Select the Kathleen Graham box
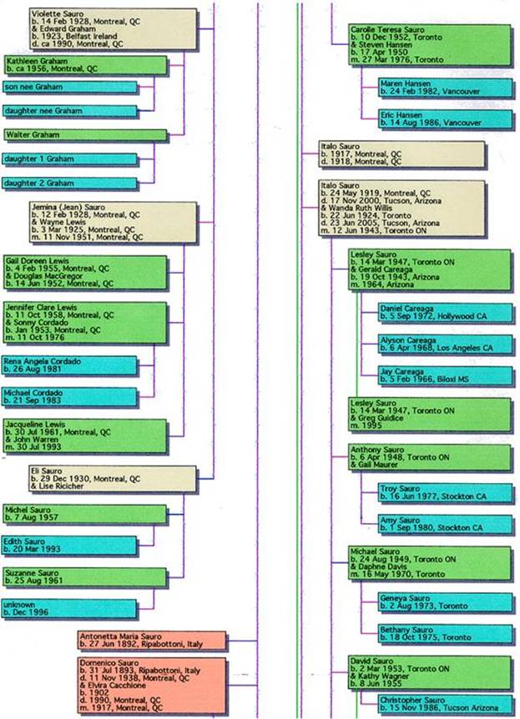coord(83,65)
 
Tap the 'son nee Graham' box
coord(68,88)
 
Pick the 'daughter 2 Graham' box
coord(68,183)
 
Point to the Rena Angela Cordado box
coord(68,365)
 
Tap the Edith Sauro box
coord(68,546)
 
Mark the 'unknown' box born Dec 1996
coord(68,609)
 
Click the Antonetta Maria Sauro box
coord(152,641)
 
